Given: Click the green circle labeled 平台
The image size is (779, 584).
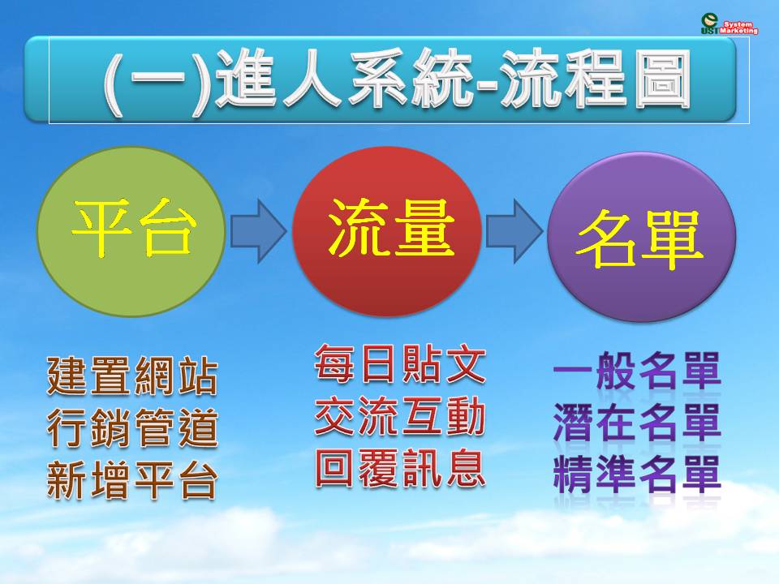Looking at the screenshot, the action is [131, 231].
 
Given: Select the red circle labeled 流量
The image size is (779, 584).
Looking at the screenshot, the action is [386, 231].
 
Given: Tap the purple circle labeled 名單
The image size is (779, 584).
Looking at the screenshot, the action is [641, 236].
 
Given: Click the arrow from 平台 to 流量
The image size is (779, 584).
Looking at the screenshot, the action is [259, 231].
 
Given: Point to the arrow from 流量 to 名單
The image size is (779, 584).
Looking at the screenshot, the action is [514, 231].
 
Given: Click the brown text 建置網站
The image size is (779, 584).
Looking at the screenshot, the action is [132, 375].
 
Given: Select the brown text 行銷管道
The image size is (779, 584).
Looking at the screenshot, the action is [132, 427].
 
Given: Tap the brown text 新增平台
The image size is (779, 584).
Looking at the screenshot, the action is [132, 479].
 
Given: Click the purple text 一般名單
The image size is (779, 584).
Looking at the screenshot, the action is [637, 371].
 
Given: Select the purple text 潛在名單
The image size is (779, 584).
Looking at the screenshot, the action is [637, 423].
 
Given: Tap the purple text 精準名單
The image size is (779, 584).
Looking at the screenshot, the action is [637, 474].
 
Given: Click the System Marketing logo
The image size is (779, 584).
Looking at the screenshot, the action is [730, 24].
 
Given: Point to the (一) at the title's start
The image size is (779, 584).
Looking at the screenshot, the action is [158, 82].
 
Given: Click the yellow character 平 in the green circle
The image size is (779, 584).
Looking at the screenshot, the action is [102, 229].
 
